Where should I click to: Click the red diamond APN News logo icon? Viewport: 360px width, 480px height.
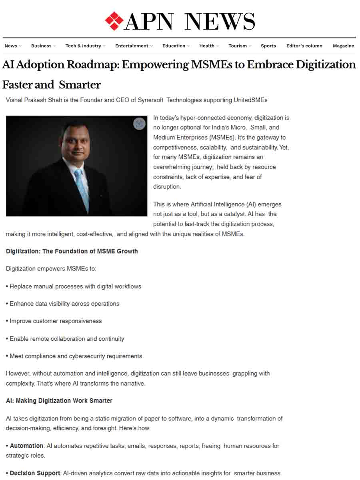pos(114,21)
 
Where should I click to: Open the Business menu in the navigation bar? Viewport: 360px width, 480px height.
pos(42,46)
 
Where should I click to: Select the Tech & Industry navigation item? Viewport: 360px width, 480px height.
pos(84,46)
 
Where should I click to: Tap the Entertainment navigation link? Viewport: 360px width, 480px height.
pos(132,46)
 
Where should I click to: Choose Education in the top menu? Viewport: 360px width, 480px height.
pos(174,46)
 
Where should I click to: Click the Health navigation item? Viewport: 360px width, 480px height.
pos(207,46)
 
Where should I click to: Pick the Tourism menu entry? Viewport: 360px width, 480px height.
pos(238,46)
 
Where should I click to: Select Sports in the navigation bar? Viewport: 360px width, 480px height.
pos(268,46)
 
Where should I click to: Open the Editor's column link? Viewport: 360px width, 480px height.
pos(304,46)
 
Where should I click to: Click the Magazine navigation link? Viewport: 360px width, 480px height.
pos(343,46)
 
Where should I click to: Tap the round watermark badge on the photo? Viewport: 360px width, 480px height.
pos(139,124)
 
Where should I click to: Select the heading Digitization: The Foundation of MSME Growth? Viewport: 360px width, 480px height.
pos(72,251)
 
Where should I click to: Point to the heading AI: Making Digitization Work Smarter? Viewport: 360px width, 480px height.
pos(59,401)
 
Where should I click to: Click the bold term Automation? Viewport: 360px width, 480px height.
pos(26,446)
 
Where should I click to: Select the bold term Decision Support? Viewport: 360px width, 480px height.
pos(35,473)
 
